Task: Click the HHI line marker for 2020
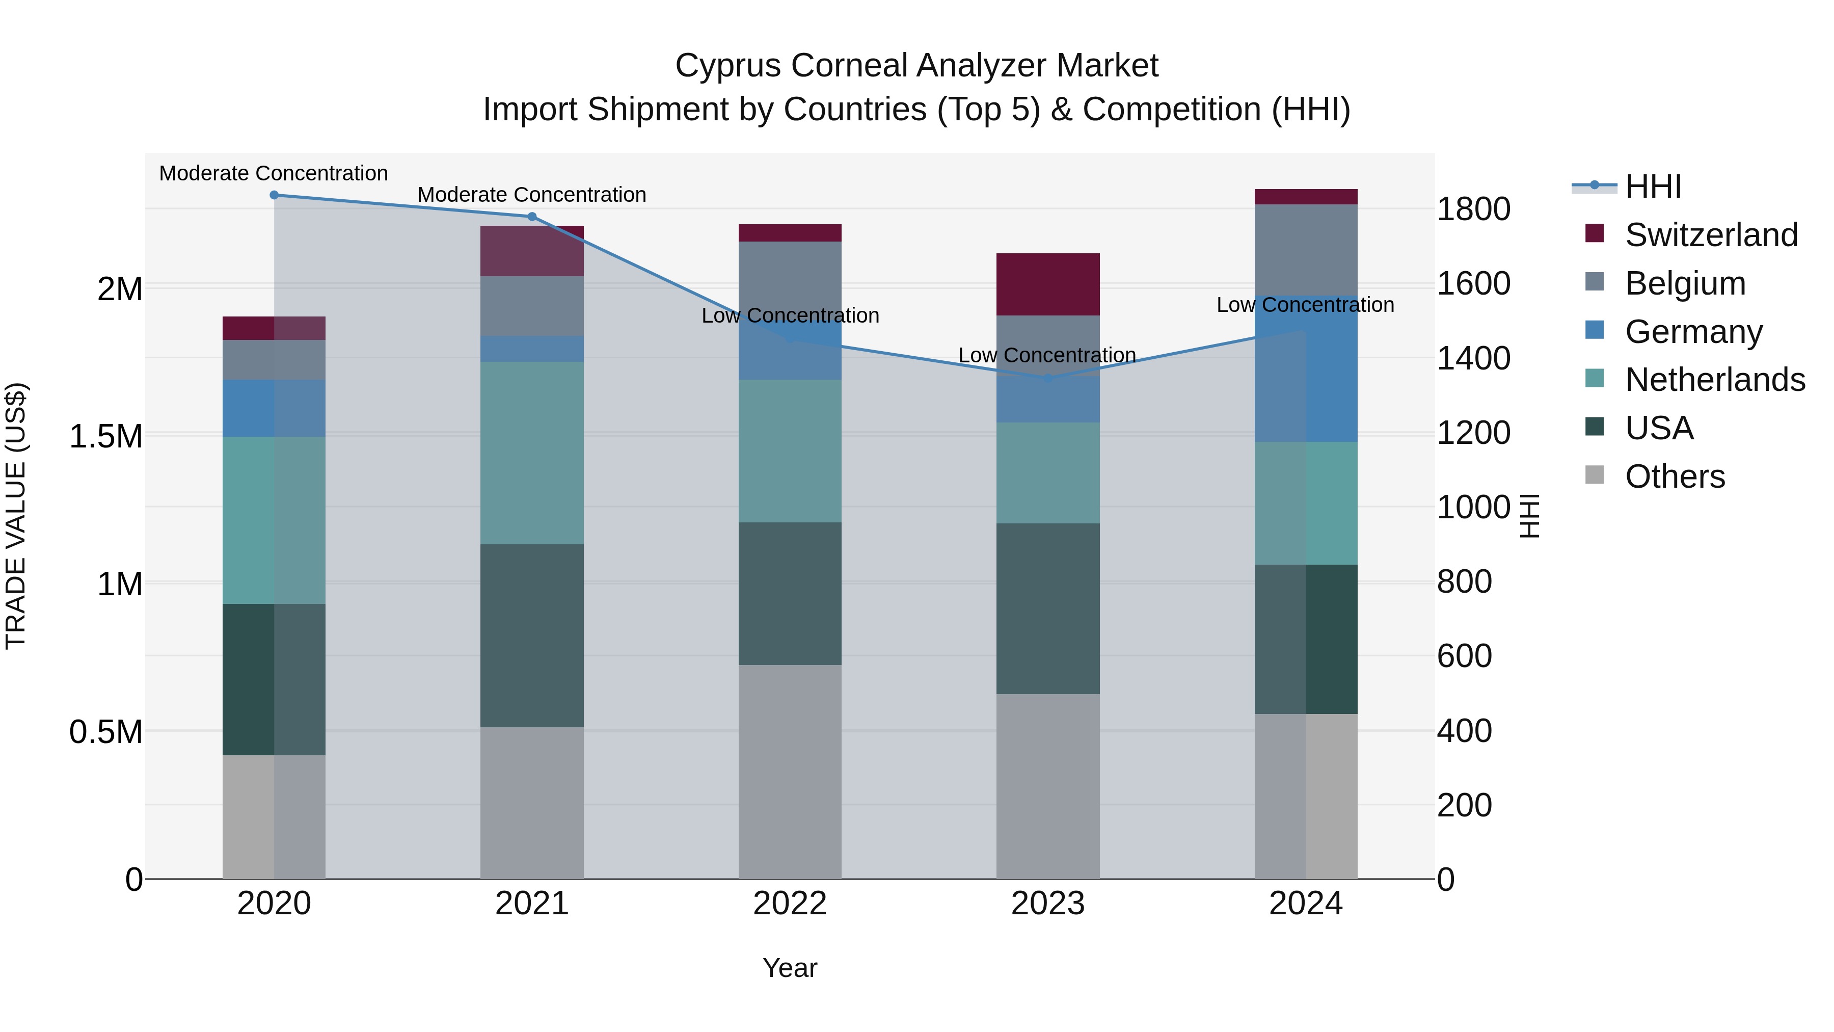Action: point(274,195)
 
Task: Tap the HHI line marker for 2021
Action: point(532,217)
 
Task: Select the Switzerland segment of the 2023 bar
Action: point(1047,284)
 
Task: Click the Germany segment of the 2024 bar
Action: point(1306,369)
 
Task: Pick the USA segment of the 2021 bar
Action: point(532,636)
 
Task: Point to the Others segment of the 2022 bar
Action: point(790,772)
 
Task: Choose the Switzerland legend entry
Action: point(1711,235)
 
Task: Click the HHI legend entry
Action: point(1653,187)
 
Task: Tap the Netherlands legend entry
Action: point(1714,380)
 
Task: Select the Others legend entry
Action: point(1675,477)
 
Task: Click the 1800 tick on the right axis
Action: point(1473,209)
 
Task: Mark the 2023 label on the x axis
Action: point(1047,904)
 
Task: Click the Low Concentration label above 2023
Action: point(1046,355)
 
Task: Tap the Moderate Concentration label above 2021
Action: point(532,195)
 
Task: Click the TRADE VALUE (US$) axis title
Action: point(16,516)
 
